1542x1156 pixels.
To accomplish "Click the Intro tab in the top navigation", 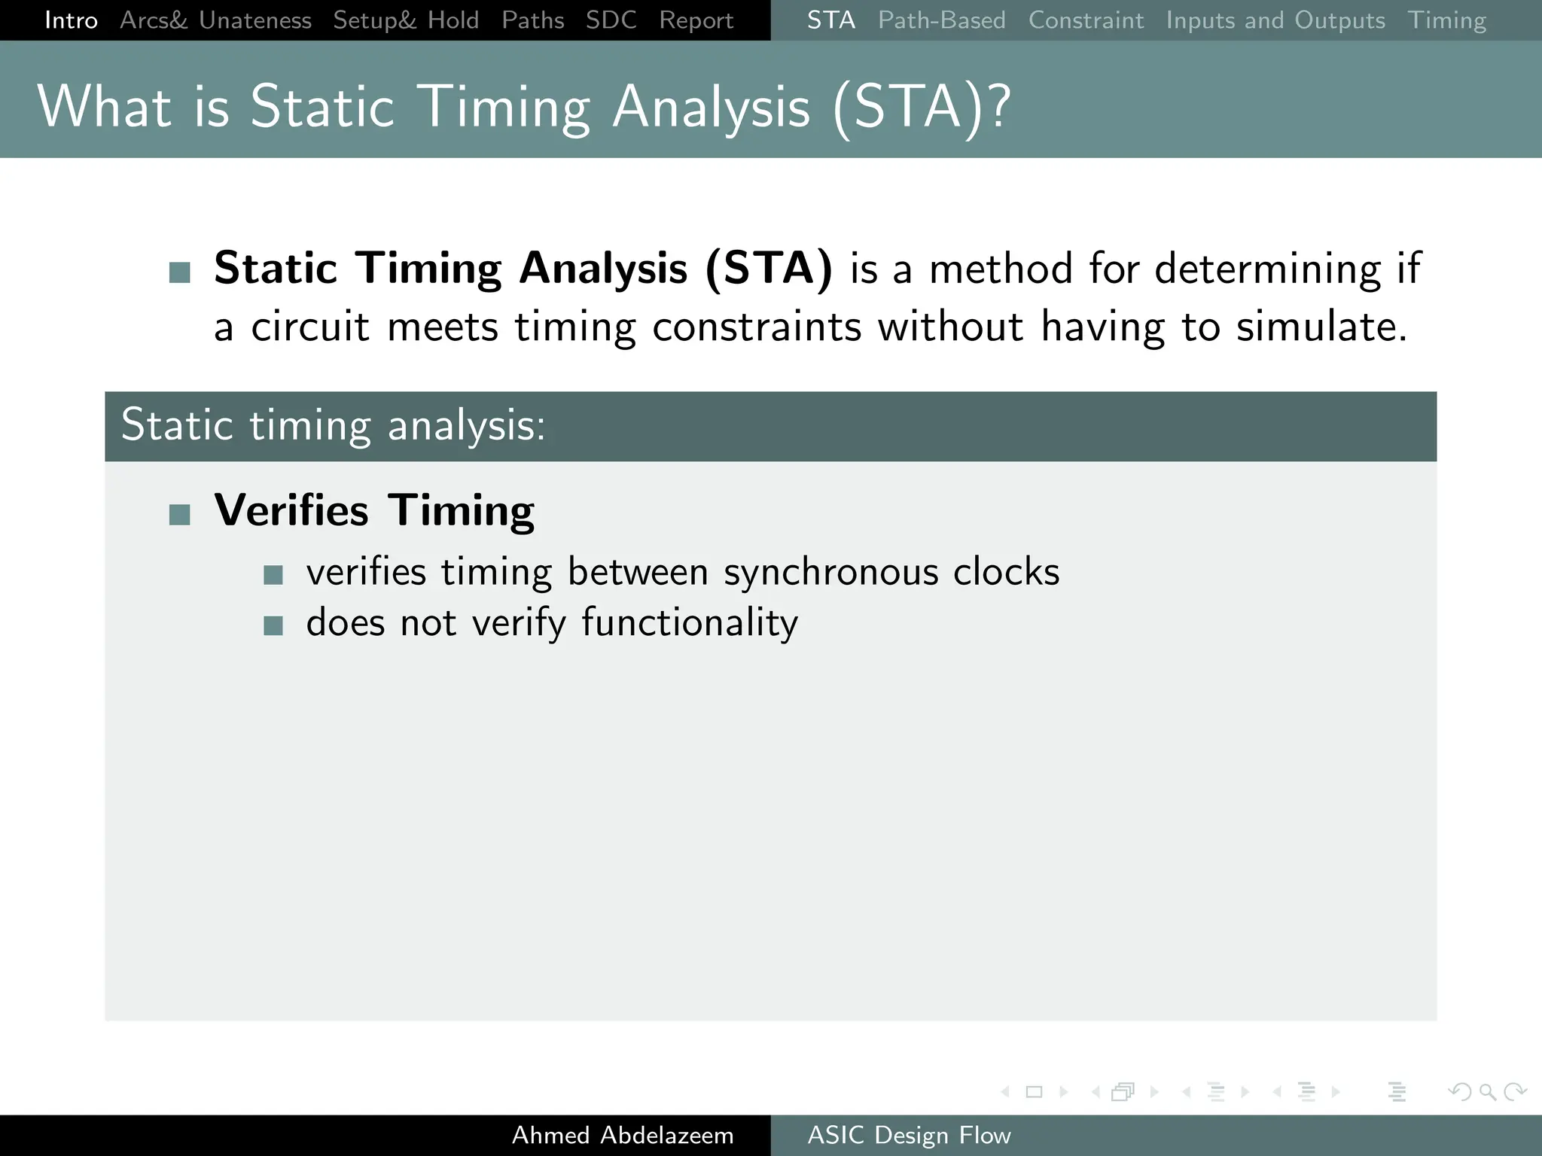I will (71, 20).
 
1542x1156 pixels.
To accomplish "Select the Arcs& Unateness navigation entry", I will (215, 20).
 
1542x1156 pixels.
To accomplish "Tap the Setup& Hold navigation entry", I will (406, 20).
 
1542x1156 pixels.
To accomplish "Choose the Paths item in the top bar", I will (532, 20).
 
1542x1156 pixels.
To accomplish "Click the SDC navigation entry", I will (611, 20).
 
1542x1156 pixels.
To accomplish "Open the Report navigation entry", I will (696, 20).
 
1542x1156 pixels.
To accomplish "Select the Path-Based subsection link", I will (941, 20).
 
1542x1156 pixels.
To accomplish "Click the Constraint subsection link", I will (1086, 20).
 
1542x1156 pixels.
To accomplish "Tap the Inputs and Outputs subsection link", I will (1275, 20).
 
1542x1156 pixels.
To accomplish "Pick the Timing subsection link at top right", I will (1446, 20).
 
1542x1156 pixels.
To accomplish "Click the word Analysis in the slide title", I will (711, 108).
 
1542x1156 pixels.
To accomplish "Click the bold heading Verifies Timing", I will (374, 510).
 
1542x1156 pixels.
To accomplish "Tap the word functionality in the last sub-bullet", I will (689, 623).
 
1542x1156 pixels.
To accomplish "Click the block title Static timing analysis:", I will (333, 425).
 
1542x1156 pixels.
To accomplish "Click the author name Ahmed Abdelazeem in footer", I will (622, 1135).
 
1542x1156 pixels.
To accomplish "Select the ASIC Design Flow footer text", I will (909, 1135).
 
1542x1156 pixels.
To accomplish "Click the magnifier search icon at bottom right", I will (1487, 1091).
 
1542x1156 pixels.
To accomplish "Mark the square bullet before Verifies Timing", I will (180, 515).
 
